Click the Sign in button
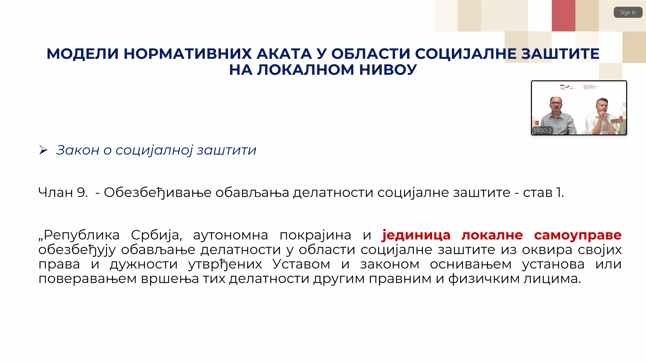pos(628,12)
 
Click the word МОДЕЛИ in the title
pos(83,54)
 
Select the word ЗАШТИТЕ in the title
pos(560,54)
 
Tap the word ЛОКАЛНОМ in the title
pos(306,70)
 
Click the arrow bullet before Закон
pos(43,150)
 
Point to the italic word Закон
pos(78,150)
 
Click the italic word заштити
pos(226,150)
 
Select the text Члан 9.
pos(63,192)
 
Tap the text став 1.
pos(543,192)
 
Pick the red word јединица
pos(417,235)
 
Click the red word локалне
pos(492,235)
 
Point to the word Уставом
pos(301,264)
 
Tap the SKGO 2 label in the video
pos(542,130)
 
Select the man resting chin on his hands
pos(601,116)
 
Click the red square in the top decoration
pos(564,16)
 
